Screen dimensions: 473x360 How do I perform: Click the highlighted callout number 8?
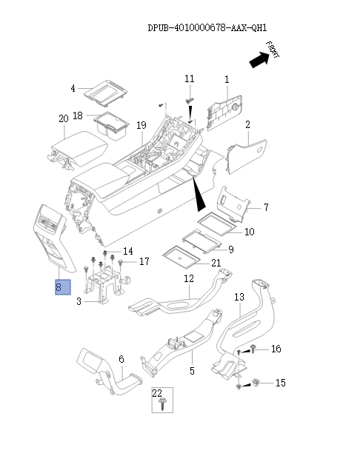pos(61,287)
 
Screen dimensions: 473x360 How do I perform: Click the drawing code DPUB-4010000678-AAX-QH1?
pos(207,28)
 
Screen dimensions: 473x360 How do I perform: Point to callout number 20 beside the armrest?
pos(63,118)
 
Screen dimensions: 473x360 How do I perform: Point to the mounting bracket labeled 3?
pos(104,285)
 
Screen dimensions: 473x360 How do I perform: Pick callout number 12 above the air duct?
pos(188,278)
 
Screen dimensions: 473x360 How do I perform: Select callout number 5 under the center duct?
pos(191,370)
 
